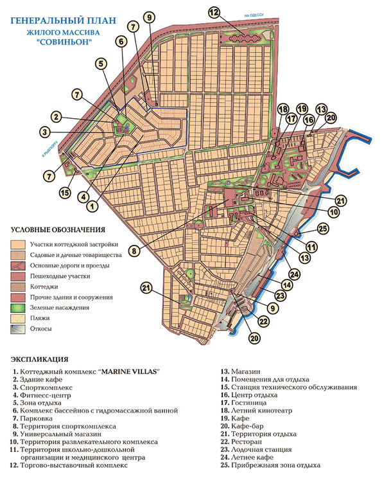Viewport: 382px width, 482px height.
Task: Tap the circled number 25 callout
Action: [322, 228]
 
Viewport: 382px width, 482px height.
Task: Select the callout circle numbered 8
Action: [134, 251]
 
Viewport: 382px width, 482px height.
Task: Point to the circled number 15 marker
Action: [65, 192]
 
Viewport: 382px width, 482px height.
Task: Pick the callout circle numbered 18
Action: [283, 109]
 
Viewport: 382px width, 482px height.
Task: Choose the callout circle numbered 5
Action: [101, 63]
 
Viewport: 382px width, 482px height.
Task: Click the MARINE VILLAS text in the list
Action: [126, 372]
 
